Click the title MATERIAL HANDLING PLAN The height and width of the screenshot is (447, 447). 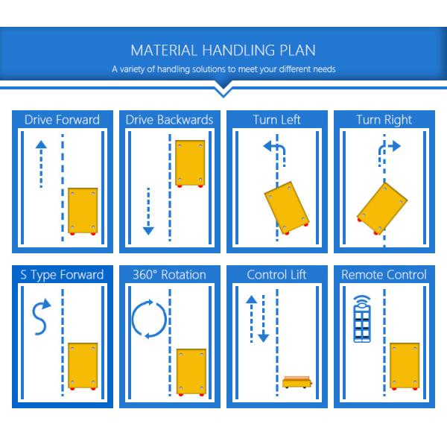pyautogui.click(x=223, y=50)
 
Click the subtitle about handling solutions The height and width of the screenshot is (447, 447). pyautogui.click(x=223, y=69)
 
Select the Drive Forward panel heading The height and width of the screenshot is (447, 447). pyautogui.click(x=62, y=120)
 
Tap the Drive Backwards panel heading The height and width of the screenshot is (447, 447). pyautogui.click(x=169, y=120)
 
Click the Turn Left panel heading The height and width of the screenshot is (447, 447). pyautogui.click(x=277, y=120)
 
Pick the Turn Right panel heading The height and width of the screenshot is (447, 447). pyautogui.click(x=384, y=120)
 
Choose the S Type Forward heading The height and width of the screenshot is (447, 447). pyautogui.click(x=62, y=275)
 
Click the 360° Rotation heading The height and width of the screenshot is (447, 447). pyautogui.click(x=169, y=275)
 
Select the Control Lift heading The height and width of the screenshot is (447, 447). pyautogui.click(x=276, y=275)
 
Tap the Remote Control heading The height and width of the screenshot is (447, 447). pyautogui.click(x=384, y=275)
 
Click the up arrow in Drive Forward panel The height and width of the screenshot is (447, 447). pyautogui.click(x=41, y=164)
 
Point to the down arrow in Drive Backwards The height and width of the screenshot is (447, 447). pyautogui.click(x=148, y=212)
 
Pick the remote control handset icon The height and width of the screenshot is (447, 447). pyautogui.click(x=362, y=319)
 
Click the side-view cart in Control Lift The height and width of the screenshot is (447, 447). pyautogui.click(x=297, y=382)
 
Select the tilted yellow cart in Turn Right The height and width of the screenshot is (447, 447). pyautogui.click(x=382, y=209)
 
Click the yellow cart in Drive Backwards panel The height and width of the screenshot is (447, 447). pyautogui.click(x=190, y=164)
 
